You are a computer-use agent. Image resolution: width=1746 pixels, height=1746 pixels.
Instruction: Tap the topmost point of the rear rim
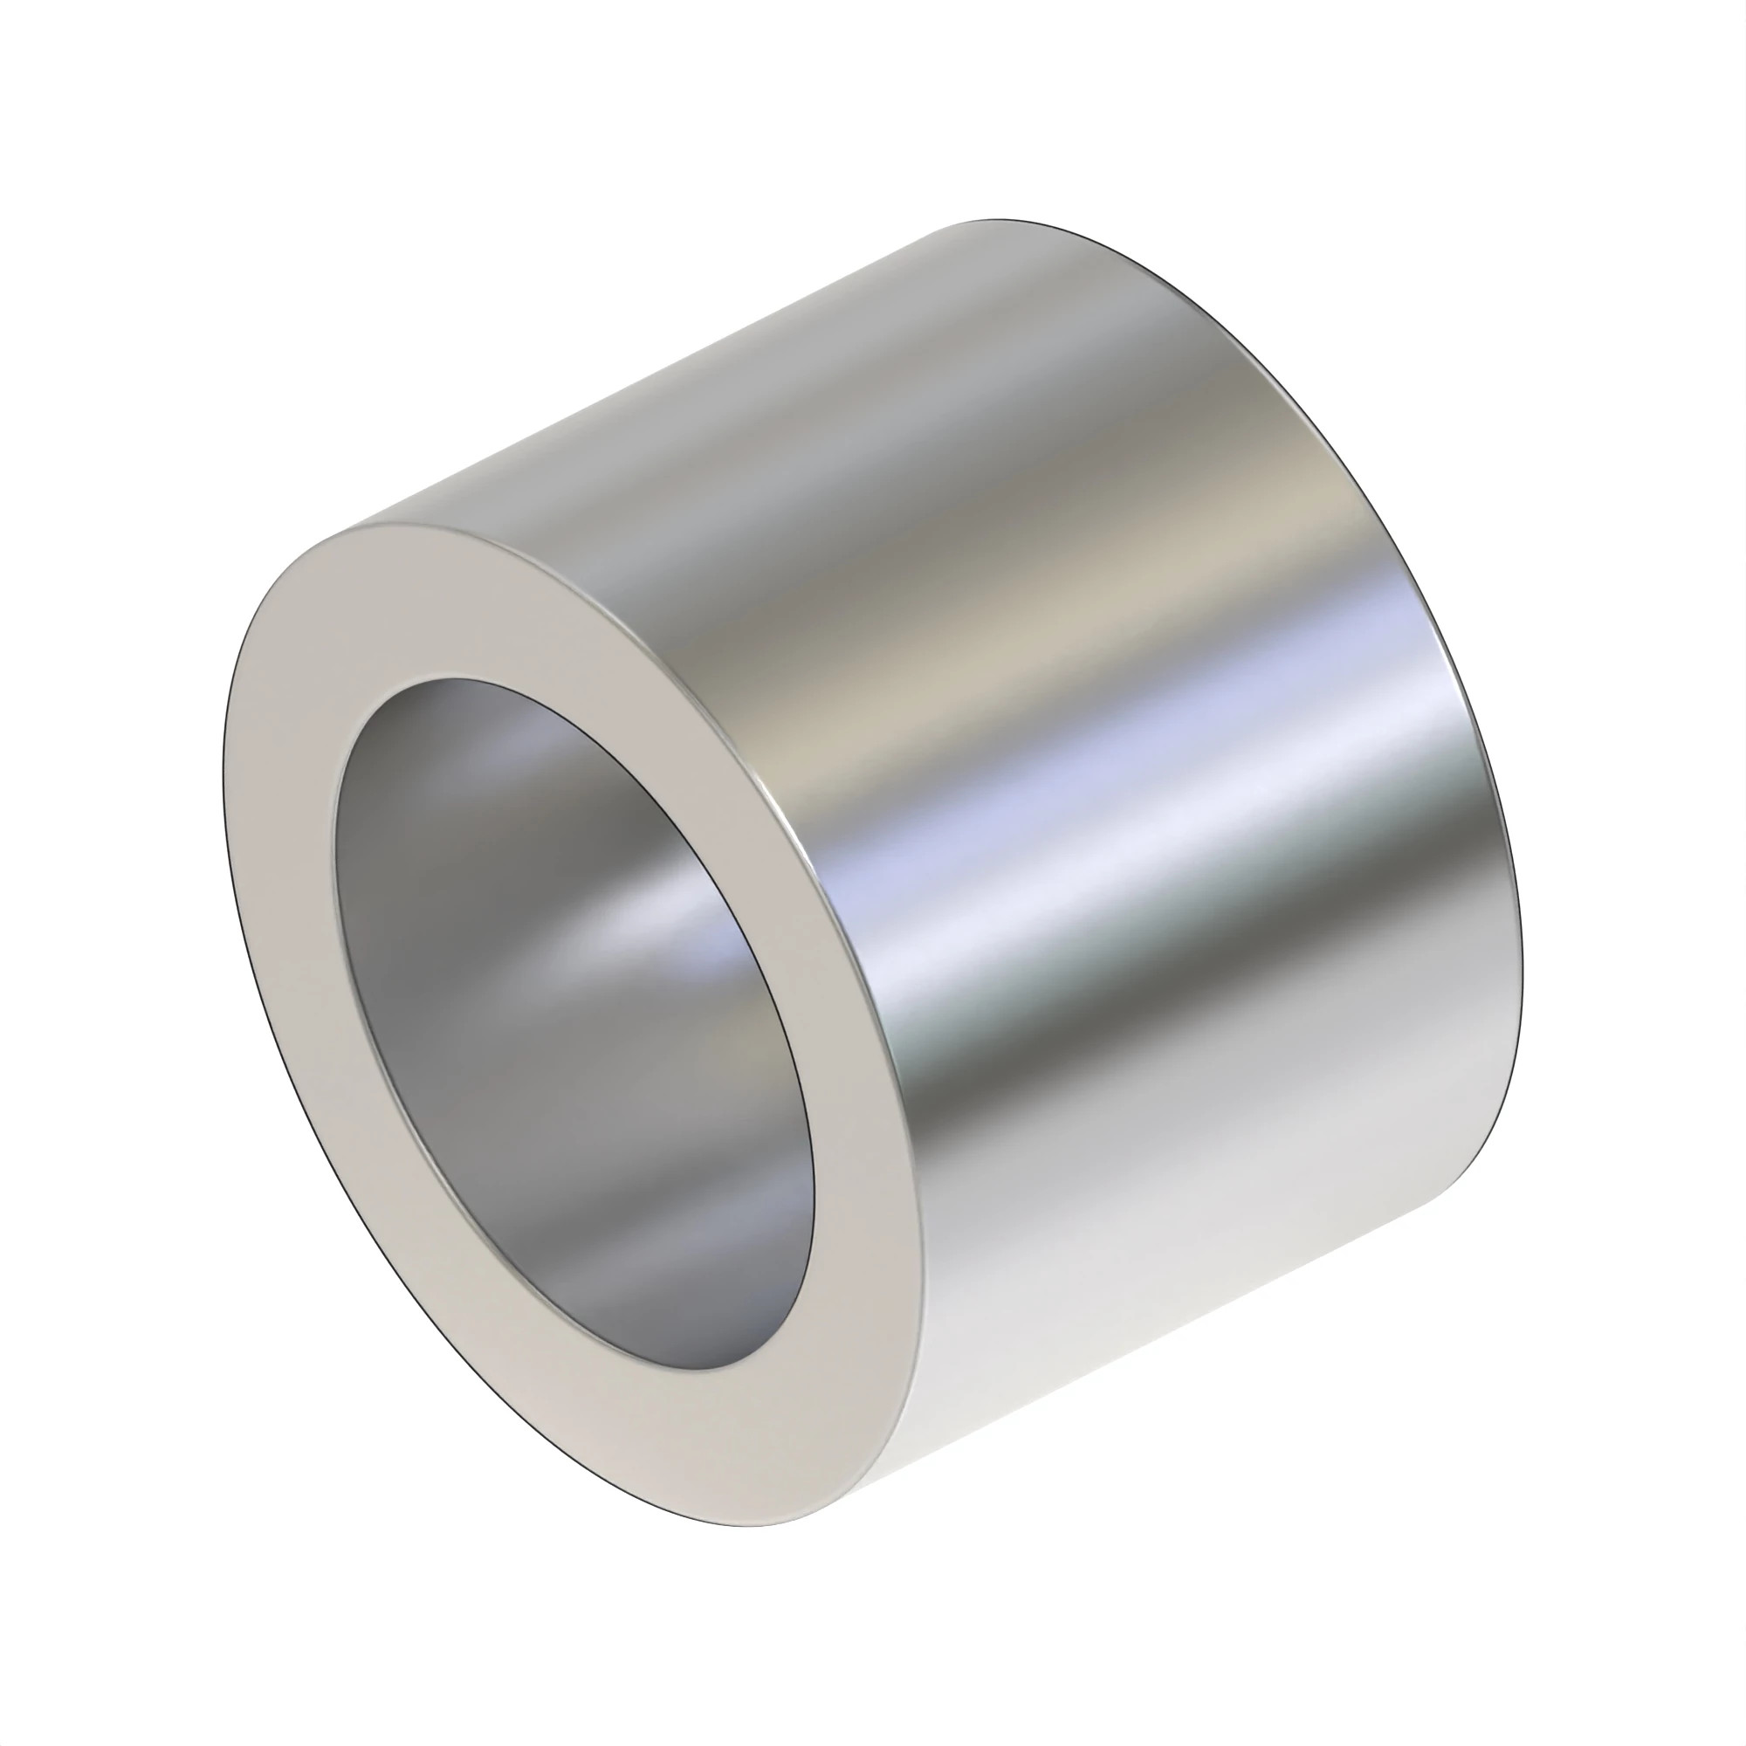pyautogui.click(x=994, y=220)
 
